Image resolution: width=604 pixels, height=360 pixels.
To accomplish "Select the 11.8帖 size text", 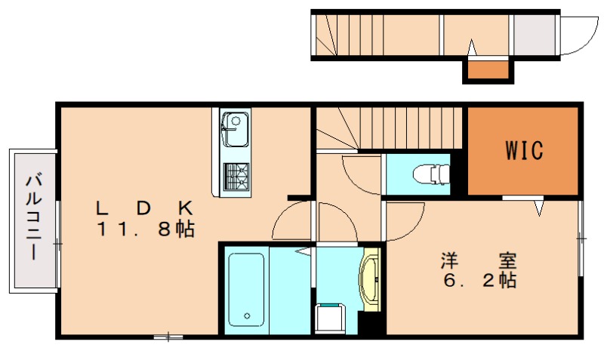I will pos(146,229).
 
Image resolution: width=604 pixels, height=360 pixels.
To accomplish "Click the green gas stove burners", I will pos(236,177).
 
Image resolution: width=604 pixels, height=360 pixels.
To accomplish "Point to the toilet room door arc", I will pos(359,174).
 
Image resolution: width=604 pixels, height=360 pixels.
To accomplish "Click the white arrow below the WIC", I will pos(539,206).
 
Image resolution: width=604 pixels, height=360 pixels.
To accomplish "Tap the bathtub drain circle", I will pos(247,315).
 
